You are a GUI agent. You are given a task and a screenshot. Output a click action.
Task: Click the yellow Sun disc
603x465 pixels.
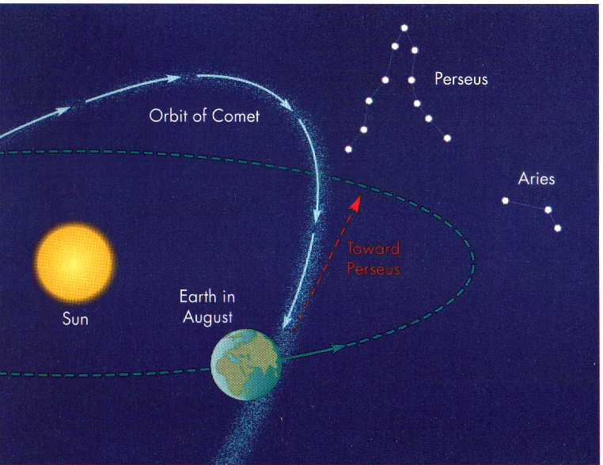(74, 263)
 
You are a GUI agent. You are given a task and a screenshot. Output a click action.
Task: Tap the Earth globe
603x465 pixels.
(247, 365)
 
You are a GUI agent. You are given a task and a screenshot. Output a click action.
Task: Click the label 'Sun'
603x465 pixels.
(75, 319)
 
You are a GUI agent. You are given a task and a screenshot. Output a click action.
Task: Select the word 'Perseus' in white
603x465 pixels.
(461, 79)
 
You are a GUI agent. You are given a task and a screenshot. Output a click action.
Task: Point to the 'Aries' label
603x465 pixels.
(537, 179)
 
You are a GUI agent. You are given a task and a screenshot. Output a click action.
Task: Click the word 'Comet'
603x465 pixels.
(235, 115)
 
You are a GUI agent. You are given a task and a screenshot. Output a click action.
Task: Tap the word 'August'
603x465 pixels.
(207, 318)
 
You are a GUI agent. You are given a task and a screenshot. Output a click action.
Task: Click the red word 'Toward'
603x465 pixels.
(374, 248)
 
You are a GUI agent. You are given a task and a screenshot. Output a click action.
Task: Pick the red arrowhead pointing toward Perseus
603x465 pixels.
(356, 203)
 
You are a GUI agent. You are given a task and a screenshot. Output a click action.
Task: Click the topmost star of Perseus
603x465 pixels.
(404, 28)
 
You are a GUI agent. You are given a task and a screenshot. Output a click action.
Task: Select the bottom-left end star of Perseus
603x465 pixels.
(348, 149)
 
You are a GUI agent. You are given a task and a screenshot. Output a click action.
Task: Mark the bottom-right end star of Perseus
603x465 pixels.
(447, 138)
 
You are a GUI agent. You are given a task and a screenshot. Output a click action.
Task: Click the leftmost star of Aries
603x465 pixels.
(506, 201)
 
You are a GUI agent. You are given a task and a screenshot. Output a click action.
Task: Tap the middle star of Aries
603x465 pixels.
(548, 210)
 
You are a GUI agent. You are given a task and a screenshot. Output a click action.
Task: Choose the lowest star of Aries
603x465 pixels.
(558, 229)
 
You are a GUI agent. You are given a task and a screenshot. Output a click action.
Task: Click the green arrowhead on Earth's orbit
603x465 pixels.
(336, 348)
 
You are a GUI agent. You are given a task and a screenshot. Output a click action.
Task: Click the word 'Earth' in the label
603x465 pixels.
(198, 297)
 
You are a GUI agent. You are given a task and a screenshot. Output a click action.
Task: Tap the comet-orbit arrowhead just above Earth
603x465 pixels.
(286, 321)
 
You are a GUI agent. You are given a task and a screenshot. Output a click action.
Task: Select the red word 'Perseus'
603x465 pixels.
(374, 269)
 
